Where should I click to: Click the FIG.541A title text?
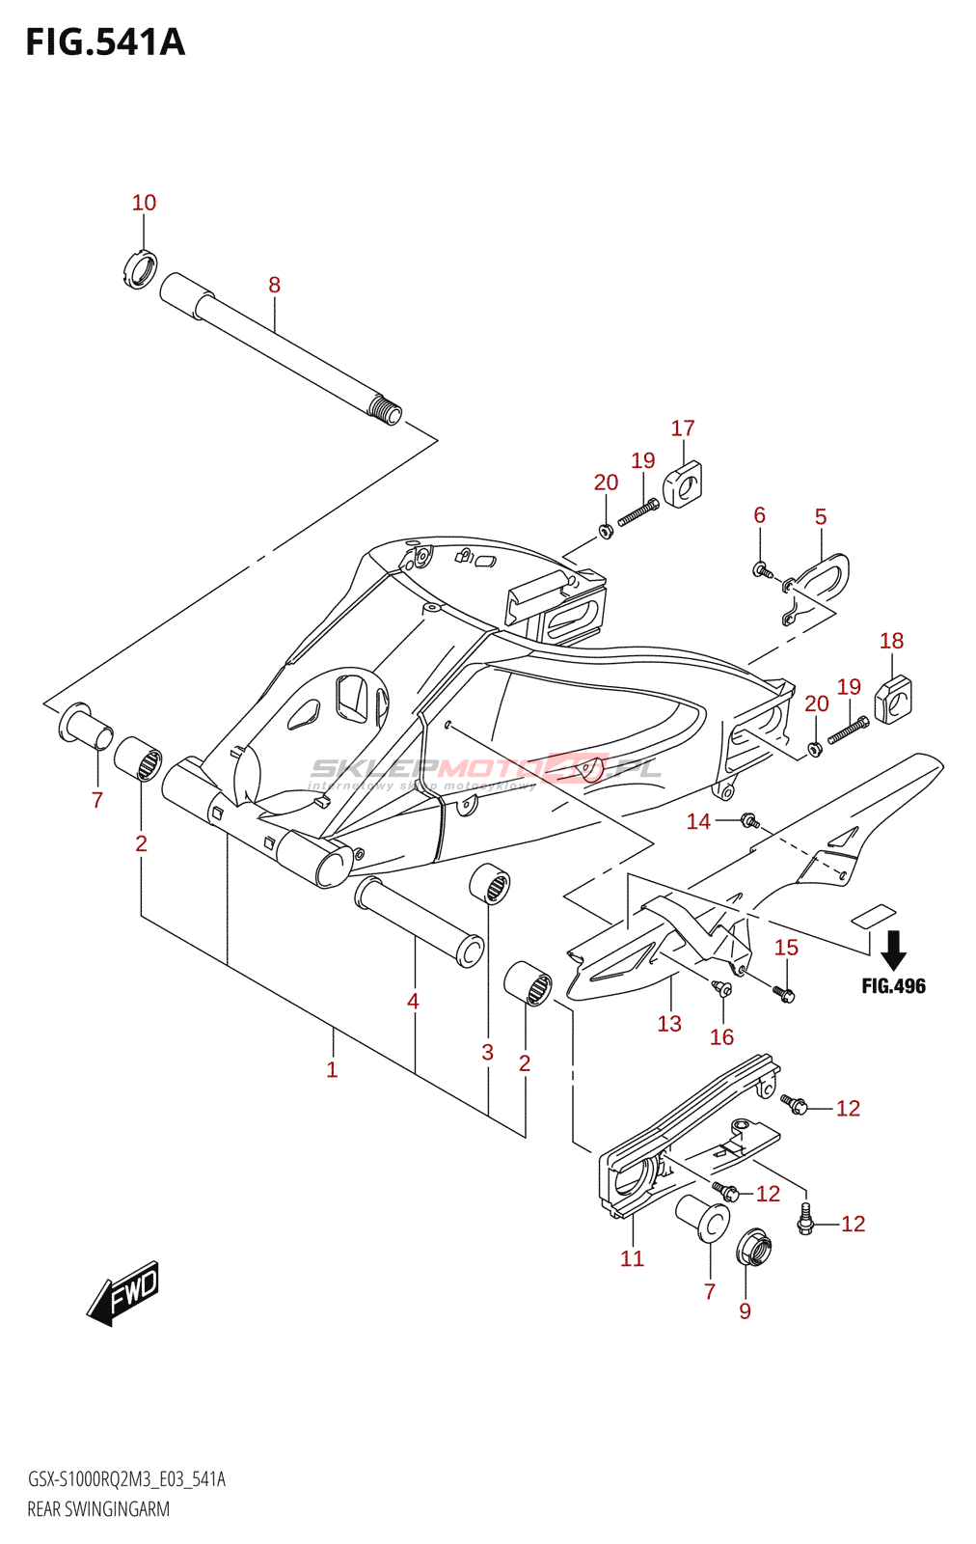(x=105, y=42)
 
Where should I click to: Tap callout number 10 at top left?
(x=144, y=203)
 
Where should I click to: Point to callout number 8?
(x=275, y=285)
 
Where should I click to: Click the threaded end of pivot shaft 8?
(x=387, y=412)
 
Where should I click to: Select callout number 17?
(x=683, y=427)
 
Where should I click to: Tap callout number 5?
(x=821, y=517)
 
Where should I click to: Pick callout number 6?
(x=760, y=515)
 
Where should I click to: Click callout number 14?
(x=698, y=821)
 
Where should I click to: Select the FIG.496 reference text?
(x=893, y=985)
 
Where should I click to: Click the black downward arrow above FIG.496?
(x=894, y=950)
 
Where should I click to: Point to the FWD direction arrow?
(x=122, y=1293)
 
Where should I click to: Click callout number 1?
(x=332, y=1069)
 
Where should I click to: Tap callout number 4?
(x=413, y=1002)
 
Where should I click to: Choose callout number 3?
(x=488, y=1052)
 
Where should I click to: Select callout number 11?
(x=632, y=1258)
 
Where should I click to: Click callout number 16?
(x=722, y=1037)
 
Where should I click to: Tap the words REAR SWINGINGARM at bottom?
(x=98, y=1509)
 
